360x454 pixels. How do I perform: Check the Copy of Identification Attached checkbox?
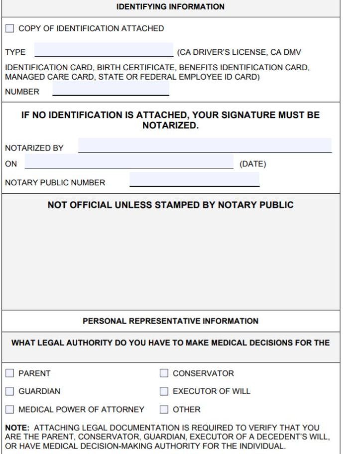click(10, 29)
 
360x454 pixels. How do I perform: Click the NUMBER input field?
click(111, 90)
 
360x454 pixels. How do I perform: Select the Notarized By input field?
click(205, 146)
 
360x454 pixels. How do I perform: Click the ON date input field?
click(128, 163)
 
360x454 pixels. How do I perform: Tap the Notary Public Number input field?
click(194, 180)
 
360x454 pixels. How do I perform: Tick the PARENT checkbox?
click(10, 373)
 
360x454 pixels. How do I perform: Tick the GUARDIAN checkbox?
click(10, 391)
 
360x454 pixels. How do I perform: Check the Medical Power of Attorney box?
click(10, 410)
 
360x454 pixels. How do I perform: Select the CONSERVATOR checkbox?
click(164, 373)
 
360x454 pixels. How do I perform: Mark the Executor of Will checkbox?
click(164, 391)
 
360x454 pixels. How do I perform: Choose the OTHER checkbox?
click(164, 410)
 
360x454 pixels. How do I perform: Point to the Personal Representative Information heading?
click(170, 321)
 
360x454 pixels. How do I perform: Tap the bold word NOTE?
click(17, 428)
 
